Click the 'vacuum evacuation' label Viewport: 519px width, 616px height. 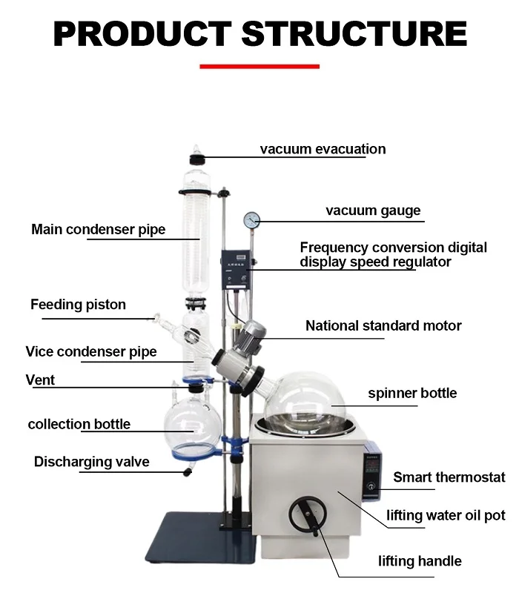point(323,149)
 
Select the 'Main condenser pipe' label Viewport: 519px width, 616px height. point(98,229)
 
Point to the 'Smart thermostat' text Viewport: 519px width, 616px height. point(449,477)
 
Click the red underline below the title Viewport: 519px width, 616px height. point(259,67)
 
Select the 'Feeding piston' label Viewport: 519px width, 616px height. point(78,305)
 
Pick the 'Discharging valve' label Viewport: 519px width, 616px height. point(91,462)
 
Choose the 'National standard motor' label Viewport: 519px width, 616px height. point(383,325)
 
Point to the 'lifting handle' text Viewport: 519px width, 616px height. point(420,560)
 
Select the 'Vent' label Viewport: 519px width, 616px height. point(40,380)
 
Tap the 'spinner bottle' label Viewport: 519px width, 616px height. point(412,393)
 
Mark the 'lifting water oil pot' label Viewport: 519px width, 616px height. point(446,515)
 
